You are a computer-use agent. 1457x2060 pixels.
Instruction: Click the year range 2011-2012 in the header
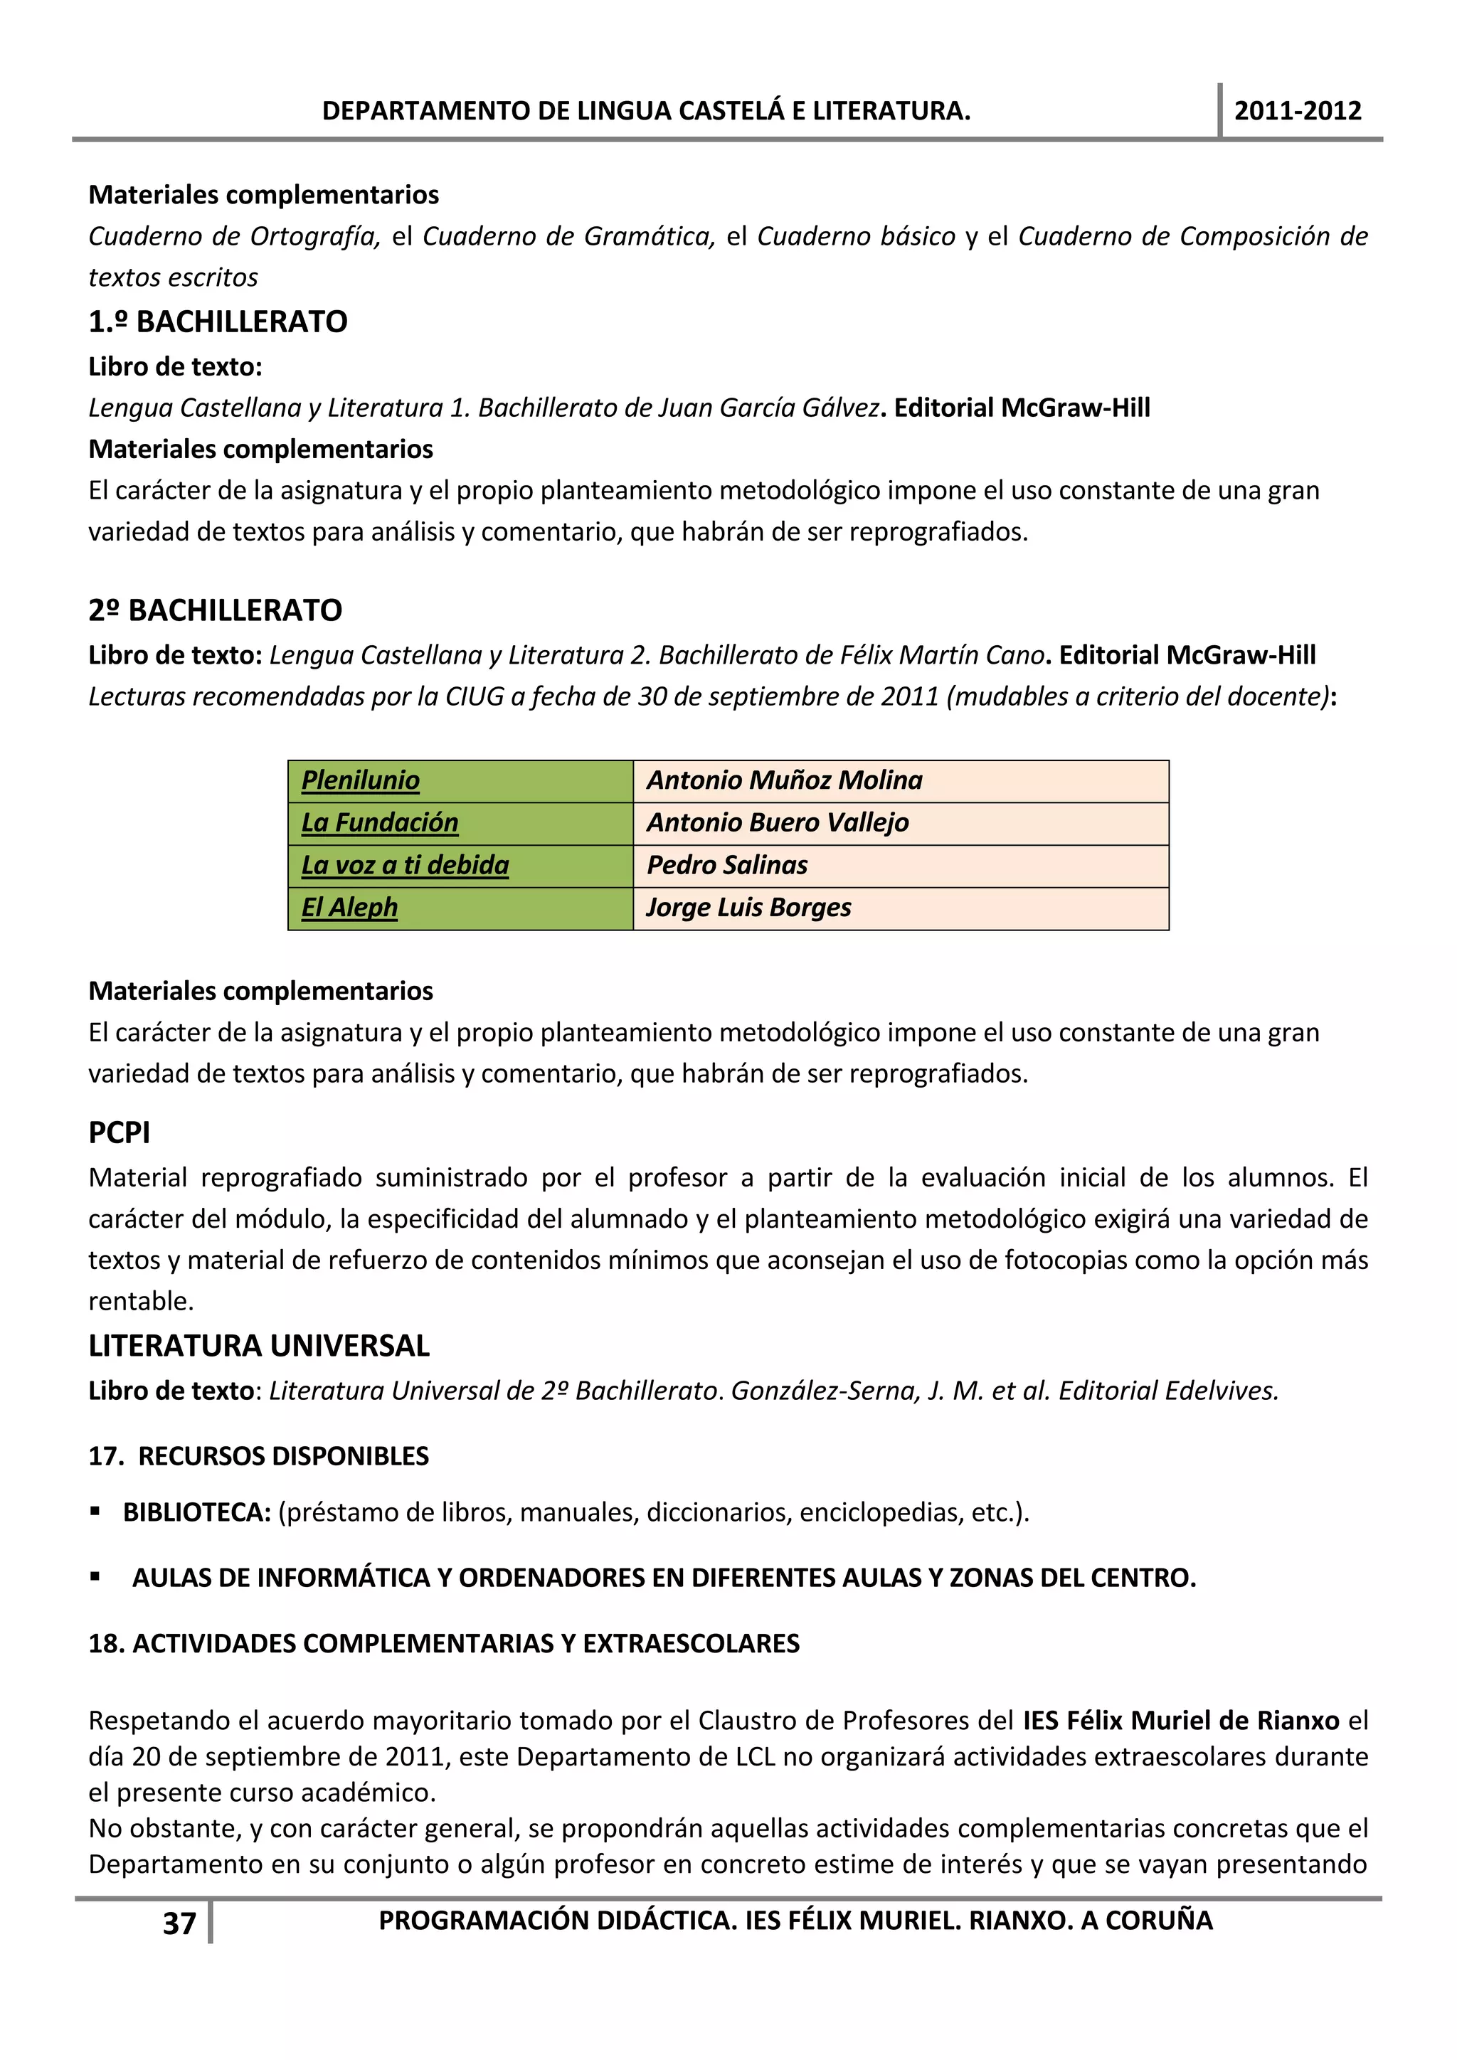pyautogui.click(x=1298, y=110)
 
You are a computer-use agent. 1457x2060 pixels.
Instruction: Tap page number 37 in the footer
pyautogui.click(x=179, y=1923)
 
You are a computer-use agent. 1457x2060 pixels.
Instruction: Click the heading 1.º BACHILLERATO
pyautogui.click(x=218, y=322)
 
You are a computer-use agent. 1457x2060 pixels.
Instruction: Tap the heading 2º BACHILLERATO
pyautogui.click(x=216, y=610)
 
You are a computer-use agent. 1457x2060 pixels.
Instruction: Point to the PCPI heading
pyautogui.click(x=120, y=1132)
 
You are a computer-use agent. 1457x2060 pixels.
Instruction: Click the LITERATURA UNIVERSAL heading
pyautogui.click(x=259, y=1345)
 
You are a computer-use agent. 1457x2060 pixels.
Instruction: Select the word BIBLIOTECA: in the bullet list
pyautogui.click(x=196, y=1513)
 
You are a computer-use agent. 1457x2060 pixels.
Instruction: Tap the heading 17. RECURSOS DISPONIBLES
pyautogui.click(x=258, y=1455)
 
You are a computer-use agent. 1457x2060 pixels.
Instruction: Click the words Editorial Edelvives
pyautogui.click(x=1168, y=1391)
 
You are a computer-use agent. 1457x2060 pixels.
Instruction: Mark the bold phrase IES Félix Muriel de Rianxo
pyautogui.click(x=1181, y=1720)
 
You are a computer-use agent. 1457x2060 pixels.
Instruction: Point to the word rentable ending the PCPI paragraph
pyautogui.click(x=140, y=1301)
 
